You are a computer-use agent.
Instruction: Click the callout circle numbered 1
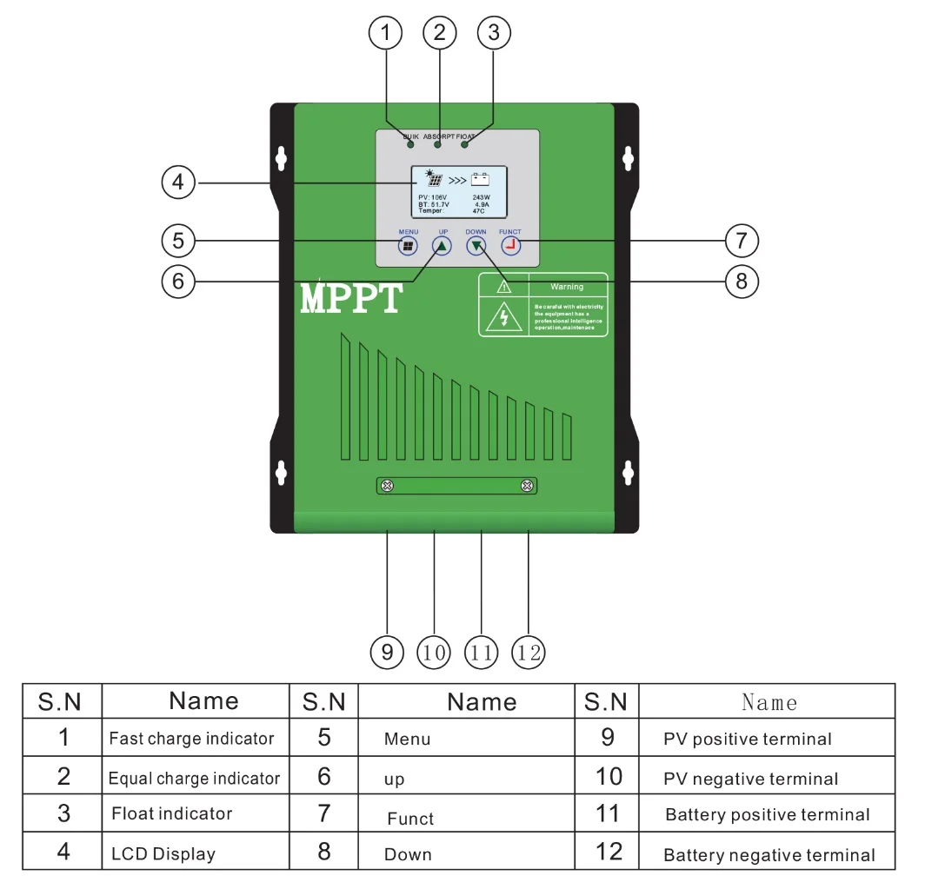pos(386,34)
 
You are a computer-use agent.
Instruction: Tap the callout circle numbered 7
pos(742,240)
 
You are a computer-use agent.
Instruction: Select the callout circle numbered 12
pos(529,652)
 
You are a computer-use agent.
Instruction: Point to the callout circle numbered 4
pos(178,182)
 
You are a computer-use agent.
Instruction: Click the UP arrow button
pos(442,247)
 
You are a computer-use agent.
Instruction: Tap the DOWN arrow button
pos(476,247)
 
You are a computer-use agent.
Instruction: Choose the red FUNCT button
pos(510,247)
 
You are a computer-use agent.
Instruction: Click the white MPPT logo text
pos(351,298)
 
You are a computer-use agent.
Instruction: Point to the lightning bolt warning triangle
pos(504,317)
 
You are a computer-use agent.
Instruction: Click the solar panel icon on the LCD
pos(433,180)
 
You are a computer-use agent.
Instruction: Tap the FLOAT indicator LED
pos(465,145)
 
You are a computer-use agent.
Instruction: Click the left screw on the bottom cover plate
pos(389,485)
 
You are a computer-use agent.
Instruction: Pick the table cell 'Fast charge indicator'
pos(191,739)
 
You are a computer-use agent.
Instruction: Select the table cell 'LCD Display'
pos(163,853)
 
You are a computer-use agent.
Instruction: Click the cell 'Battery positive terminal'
pos(767,814)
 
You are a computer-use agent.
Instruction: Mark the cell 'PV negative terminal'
pos(750,779)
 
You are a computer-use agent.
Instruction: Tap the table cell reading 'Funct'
pos(410,819)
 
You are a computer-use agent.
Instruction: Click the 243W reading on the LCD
pos(482,197)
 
